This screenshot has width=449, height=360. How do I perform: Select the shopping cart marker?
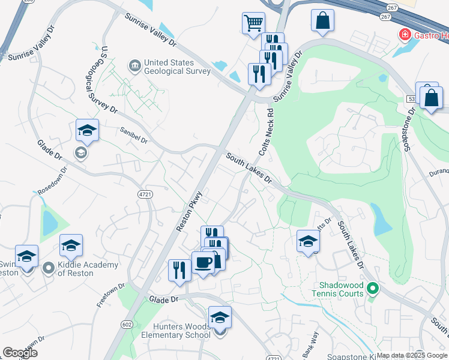coord(253,23)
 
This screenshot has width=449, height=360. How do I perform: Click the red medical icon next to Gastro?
coord(405,35)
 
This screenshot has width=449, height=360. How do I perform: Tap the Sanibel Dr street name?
coord(133,135)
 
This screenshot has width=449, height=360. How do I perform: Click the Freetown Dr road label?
coord(110,296)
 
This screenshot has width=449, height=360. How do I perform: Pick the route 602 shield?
coord(126,324)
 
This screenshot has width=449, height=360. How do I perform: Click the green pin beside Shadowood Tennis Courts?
coord(373,289)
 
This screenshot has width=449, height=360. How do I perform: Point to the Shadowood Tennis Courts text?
coord(337,289)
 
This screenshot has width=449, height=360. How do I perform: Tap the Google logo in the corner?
coord(20,353)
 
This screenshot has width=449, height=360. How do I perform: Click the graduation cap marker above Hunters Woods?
coord(220,317)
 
